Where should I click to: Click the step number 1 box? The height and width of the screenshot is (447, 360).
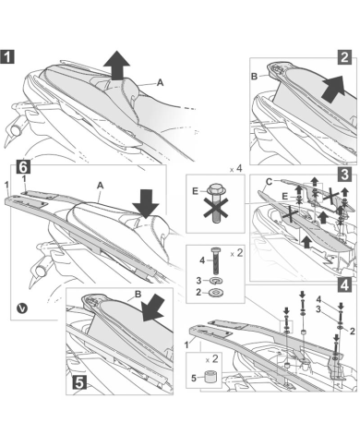click(7, 56)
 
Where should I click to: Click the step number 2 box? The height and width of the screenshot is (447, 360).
click(344, 57)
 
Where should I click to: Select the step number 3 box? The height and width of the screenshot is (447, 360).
click(344, 174)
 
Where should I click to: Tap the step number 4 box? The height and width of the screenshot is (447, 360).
click(344, 284)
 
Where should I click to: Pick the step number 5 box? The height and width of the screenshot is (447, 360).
click(79, 382)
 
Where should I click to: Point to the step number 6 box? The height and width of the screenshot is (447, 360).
click(24, 166)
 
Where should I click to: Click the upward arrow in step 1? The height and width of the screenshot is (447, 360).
click(116, 65)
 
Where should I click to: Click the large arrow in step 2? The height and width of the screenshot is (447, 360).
click(332, 89)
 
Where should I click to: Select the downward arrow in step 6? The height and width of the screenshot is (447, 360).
click(145, 204)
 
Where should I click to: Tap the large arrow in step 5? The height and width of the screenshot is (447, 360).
click(153, 308)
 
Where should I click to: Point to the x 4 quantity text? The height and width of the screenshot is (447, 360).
click(236, 169)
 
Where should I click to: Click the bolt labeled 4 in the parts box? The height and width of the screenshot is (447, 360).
click(215, 261)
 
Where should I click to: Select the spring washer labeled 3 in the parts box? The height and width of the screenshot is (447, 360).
click(216, 281)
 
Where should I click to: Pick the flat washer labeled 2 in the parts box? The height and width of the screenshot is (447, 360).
click(216, 292)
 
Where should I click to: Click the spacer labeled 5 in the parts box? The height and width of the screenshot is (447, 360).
click(210, 376)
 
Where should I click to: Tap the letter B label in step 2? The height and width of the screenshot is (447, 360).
click(255, 76)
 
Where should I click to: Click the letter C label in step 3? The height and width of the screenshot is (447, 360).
click(269, 182)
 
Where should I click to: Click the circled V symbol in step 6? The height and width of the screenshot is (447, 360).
click(22, 308)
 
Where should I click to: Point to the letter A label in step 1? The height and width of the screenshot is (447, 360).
click(160, 82)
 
